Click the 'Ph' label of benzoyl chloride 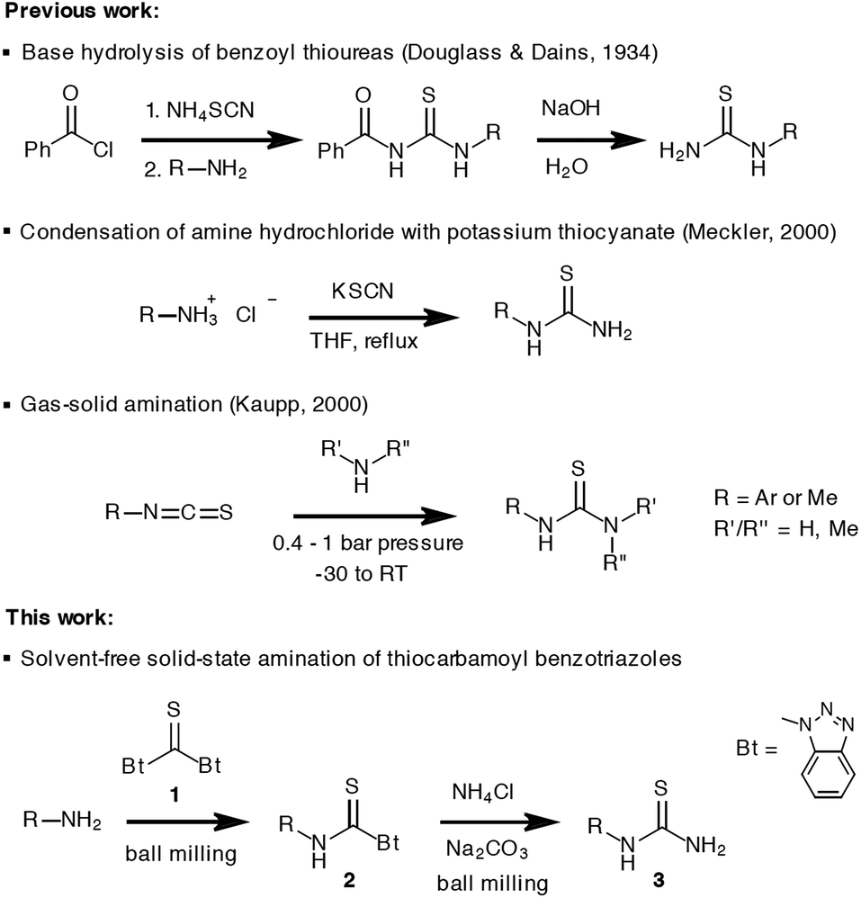(x=38, y=149)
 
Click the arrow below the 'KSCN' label (x=377, y=317)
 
